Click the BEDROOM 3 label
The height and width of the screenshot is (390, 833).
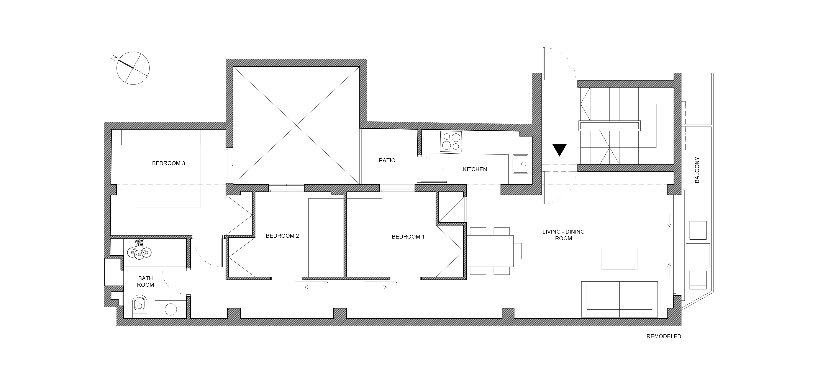[169, 163]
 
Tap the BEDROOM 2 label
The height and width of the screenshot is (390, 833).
[282, 236]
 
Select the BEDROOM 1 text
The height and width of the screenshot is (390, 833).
[408, 237]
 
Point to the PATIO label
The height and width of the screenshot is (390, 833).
[387, 161]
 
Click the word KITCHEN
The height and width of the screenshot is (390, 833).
[475, 169]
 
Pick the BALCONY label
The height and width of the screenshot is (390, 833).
[697, 170]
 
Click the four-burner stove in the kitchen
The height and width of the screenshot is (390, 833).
[451, 141]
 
